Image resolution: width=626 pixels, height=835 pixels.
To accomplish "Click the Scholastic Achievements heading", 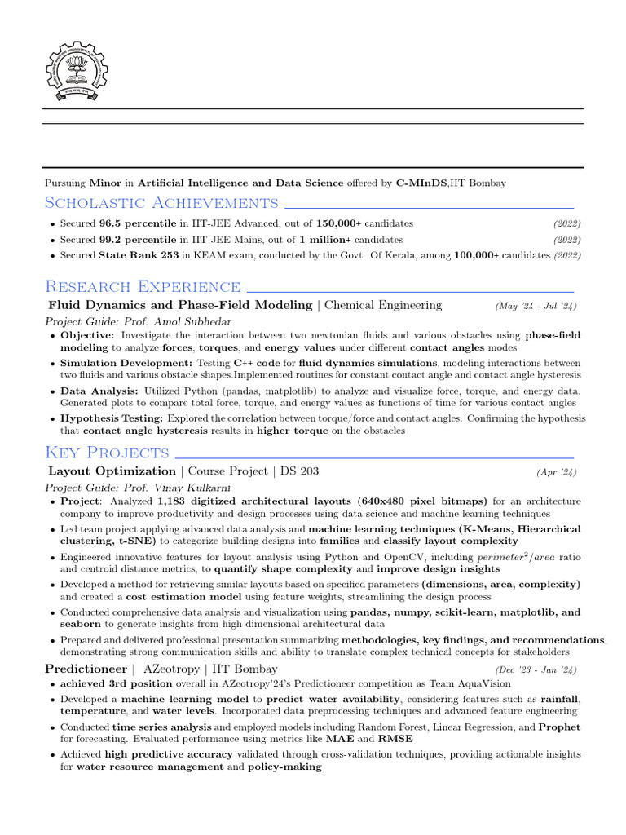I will point(161,202).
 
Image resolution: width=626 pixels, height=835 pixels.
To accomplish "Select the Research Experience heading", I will point(143,286).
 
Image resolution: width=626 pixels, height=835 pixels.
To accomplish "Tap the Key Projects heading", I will point(107,453).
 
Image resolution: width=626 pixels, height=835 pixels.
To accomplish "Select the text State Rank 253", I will point(139,255).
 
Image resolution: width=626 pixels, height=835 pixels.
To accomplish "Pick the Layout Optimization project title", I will point(112,471).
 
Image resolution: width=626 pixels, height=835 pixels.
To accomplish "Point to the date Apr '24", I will point(557,472).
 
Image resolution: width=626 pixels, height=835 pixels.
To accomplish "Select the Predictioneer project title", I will point(84,669).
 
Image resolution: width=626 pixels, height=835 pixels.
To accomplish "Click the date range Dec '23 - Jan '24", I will point(535,670).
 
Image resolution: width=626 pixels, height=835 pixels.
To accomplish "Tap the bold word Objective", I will point(88,335).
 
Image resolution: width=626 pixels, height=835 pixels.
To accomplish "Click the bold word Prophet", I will point(560,727).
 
